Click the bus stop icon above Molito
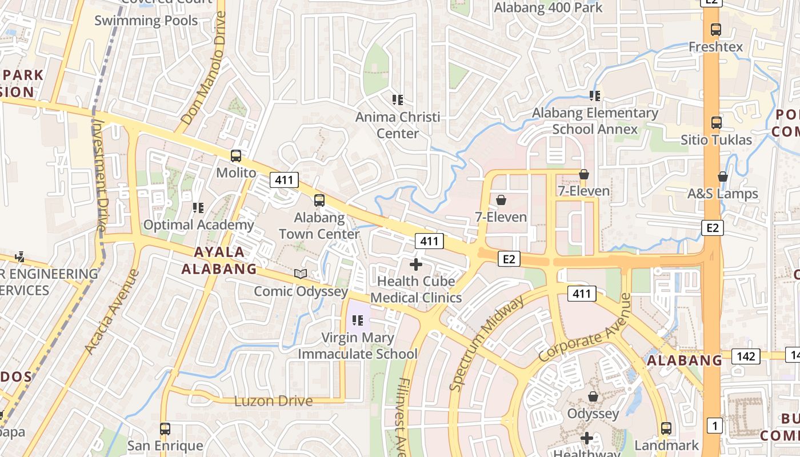(x=235, y=155)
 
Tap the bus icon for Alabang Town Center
(x=319, y=201)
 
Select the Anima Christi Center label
(x=398, y=125)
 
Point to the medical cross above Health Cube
(x=416, y=264)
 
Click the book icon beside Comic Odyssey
(x=301, y=274)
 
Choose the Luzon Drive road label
(x=274, y=401)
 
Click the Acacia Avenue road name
(x=111, y=311)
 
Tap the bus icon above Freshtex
(x=715, y=29)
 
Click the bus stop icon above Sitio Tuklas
(x=716, y=122)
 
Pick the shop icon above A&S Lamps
(x=723, y=177)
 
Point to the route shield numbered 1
(x=714, y=425)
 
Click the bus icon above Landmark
(x=666, y=428)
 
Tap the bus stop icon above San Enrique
(x=165, y=428)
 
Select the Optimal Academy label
(x=198, y=225)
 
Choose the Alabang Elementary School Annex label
(x=595, y=121)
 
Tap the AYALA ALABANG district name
(x=219, y=260)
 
